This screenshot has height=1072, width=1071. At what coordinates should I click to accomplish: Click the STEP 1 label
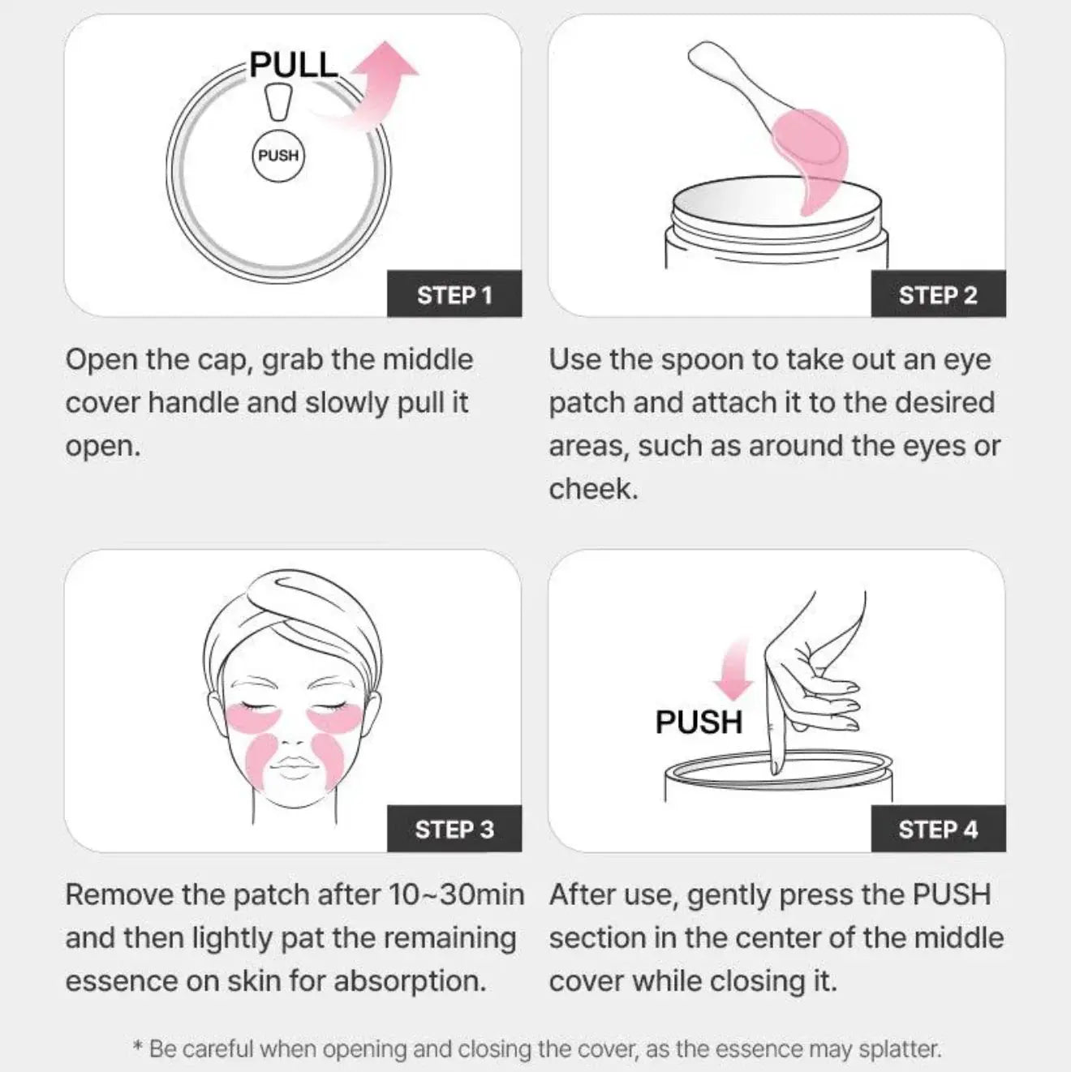coord(454,295)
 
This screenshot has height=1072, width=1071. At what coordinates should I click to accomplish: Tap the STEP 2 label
coord(938,295)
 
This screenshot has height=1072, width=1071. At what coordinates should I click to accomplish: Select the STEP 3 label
coord(454,829)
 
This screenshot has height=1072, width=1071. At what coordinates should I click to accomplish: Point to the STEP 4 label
coord(938,829)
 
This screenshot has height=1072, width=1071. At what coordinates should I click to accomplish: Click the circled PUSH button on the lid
coord(278,156)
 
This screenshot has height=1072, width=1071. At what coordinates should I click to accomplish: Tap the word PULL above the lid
coord(294,65)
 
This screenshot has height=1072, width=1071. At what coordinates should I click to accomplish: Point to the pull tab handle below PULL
coord(277,102)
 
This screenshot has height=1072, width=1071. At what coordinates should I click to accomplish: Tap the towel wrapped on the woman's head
coord(292,618)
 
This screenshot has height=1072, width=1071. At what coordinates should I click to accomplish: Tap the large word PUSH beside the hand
coord(699,722)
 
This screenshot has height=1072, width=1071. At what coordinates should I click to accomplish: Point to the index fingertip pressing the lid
coord(774,770)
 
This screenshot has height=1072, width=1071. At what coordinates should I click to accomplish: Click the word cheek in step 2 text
coord(593,490)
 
